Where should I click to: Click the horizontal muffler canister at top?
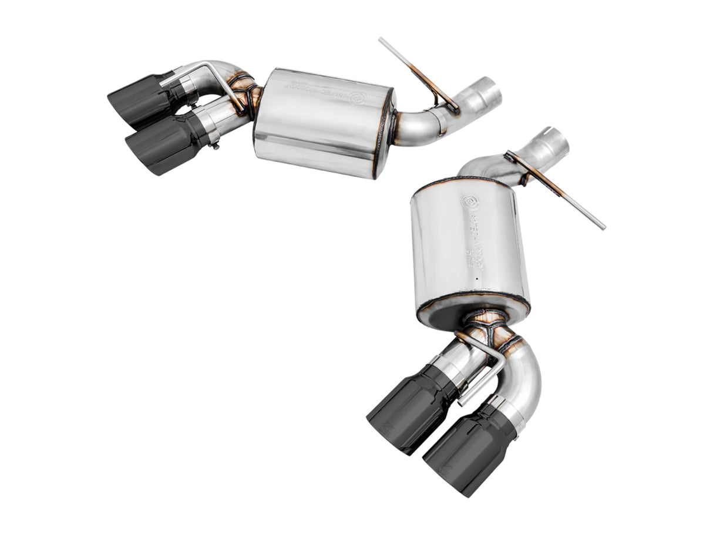[323, 123]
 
